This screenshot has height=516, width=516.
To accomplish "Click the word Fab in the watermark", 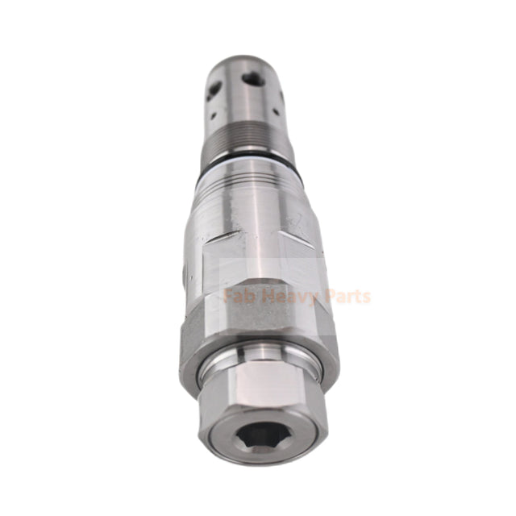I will click(240, 297).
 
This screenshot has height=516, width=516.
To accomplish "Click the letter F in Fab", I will click(229, 297).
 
